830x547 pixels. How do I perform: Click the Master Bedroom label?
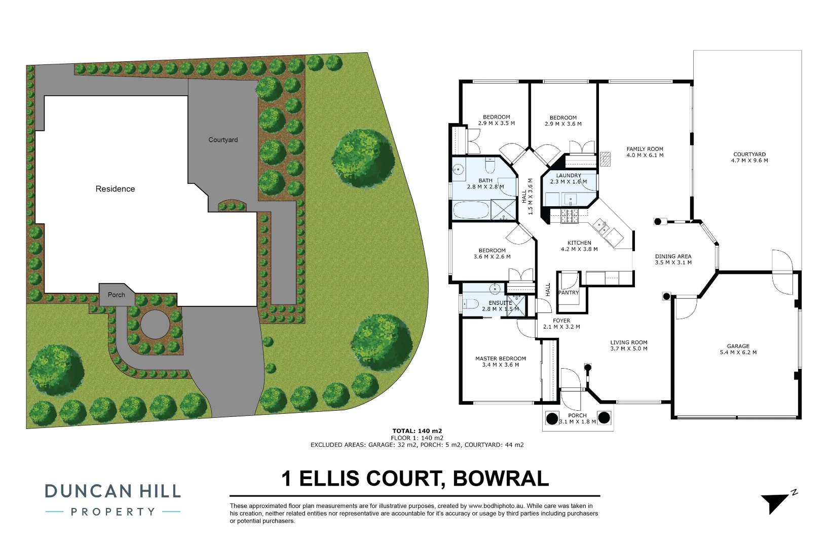click(500, 359)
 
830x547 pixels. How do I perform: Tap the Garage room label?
click(738, 346)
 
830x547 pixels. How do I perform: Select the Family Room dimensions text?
click(645, 155)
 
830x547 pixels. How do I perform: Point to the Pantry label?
click(569, 293)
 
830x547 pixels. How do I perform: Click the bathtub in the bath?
click(471, 210)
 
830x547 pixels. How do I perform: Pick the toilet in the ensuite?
click(471, 304)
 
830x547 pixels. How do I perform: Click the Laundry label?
click(569, 176)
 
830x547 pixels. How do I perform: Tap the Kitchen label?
click(579, 243)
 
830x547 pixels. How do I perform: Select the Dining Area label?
click(673, 257)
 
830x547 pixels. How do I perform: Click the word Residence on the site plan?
click(115, 189)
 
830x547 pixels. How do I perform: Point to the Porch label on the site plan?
click(116, 295)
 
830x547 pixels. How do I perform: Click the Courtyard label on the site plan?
click(223, 140)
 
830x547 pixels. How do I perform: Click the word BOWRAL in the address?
click(501, 479)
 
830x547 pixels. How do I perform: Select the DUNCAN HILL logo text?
click(112, 491)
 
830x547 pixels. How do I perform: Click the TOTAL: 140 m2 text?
click(417, 431)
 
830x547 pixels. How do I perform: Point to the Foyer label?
click(561, 321)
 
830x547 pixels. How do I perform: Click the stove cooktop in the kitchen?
click(569, 216)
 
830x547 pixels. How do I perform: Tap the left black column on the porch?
click(552, 418)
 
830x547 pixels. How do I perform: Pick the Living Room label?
click(628, 342)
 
